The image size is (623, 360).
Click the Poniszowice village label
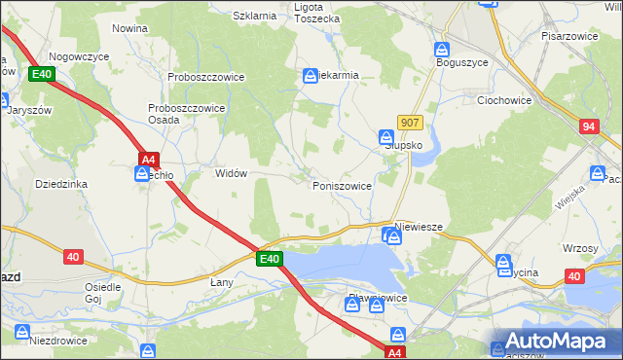(x=342, y=185)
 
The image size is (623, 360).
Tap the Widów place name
(x=231, y=173)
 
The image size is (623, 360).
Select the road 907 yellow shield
(x=410, y=123)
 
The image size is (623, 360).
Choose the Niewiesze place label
(x=420, y=226)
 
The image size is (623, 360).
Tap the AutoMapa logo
(x=555, y=341)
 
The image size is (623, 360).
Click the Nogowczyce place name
(x=79, y=57)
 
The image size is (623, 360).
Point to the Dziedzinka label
(x=61, y=183)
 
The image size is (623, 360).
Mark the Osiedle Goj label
(x=102, y=293)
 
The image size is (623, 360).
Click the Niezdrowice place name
(x=58, y=341)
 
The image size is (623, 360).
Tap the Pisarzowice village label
(x=574, y=35)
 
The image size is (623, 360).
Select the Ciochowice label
(x=503, y=99)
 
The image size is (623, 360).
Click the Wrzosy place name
(x=580, y=248)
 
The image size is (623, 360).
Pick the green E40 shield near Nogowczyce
(x=41, y=74)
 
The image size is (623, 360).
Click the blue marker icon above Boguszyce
(x=442, y=48)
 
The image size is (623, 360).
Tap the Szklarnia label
(x=255, y=16)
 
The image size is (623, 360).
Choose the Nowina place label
(x=129, y=29)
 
